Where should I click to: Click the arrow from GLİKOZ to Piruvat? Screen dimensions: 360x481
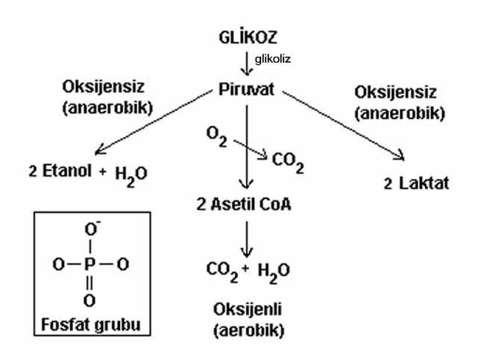coord(248,63)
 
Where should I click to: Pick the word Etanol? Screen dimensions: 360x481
coord(65,171)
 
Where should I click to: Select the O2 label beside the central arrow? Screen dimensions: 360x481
coord(216,136)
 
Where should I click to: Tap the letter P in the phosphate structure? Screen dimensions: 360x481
coord(89,264)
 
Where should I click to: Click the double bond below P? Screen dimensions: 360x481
coord(89,282)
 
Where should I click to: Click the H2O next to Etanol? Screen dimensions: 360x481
coord(131,174)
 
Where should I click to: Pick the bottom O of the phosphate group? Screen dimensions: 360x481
coord(89,300)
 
